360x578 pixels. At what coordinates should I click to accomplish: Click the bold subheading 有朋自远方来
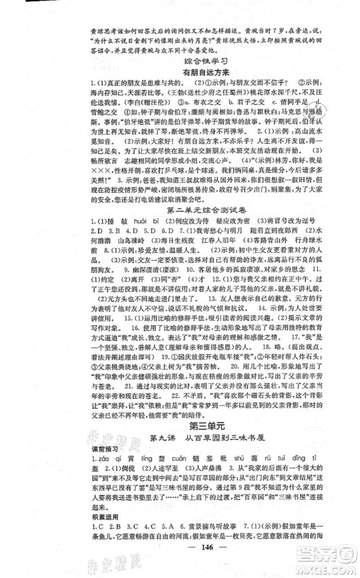[179, 75]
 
